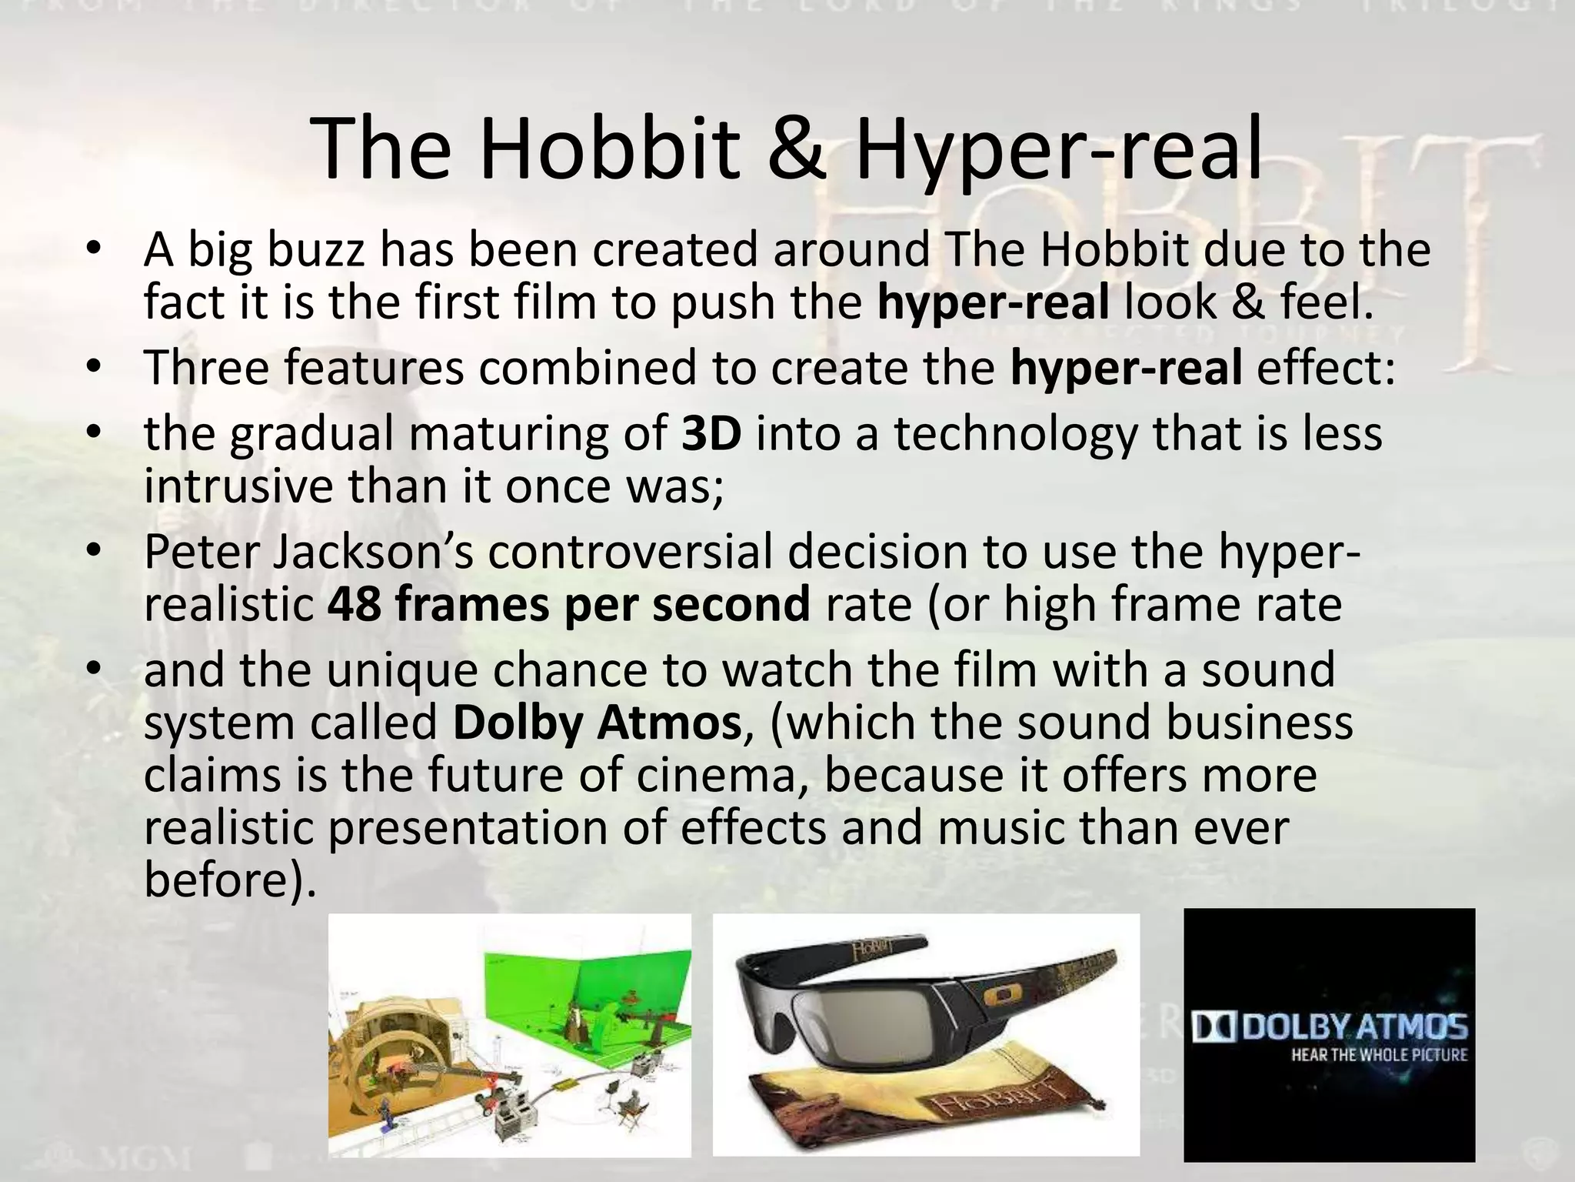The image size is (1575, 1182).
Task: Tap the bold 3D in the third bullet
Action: point(711,433)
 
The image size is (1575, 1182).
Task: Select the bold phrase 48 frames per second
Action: point(568,604)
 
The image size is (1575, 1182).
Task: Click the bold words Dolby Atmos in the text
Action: point(597,723)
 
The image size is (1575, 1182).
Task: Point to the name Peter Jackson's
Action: point(308,552)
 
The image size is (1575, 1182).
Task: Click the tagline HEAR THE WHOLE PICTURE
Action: point(1379,1054)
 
